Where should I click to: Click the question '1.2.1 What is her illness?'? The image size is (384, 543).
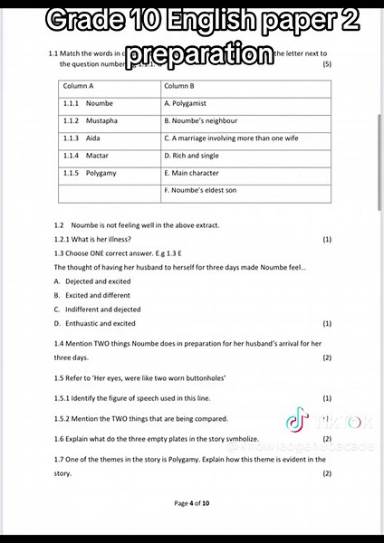(92, 239)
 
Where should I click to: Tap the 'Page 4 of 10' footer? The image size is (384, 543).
(192, 502)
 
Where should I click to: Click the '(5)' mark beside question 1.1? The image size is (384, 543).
(327, 64)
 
